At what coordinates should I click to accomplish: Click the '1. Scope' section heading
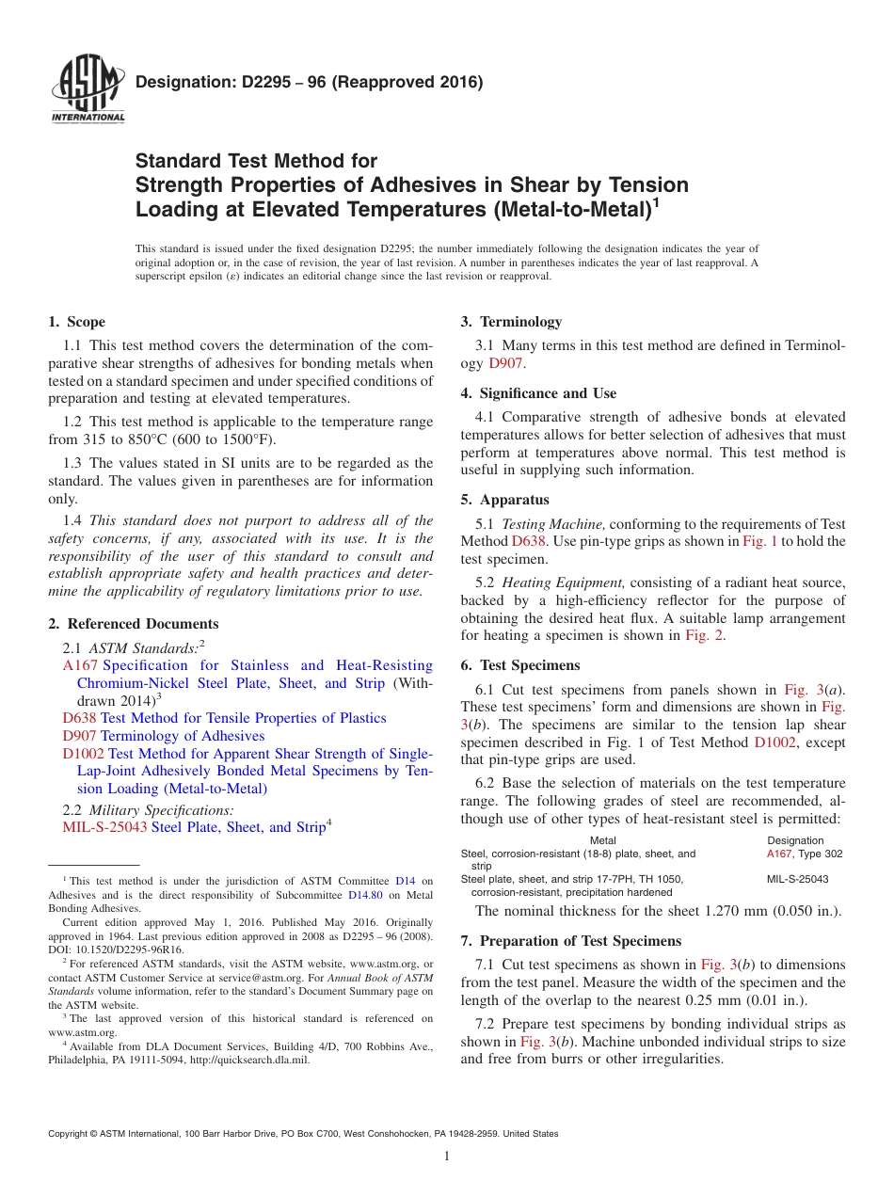click(77, 322)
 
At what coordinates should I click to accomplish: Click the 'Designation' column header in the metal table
click(795, 840)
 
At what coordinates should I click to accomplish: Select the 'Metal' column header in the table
click(602, 840)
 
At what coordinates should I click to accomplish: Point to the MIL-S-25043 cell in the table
click(798, 879)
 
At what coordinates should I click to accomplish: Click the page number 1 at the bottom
click(447, 1156)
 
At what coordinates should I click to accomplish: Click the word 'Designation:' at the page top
click(175, 82)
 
